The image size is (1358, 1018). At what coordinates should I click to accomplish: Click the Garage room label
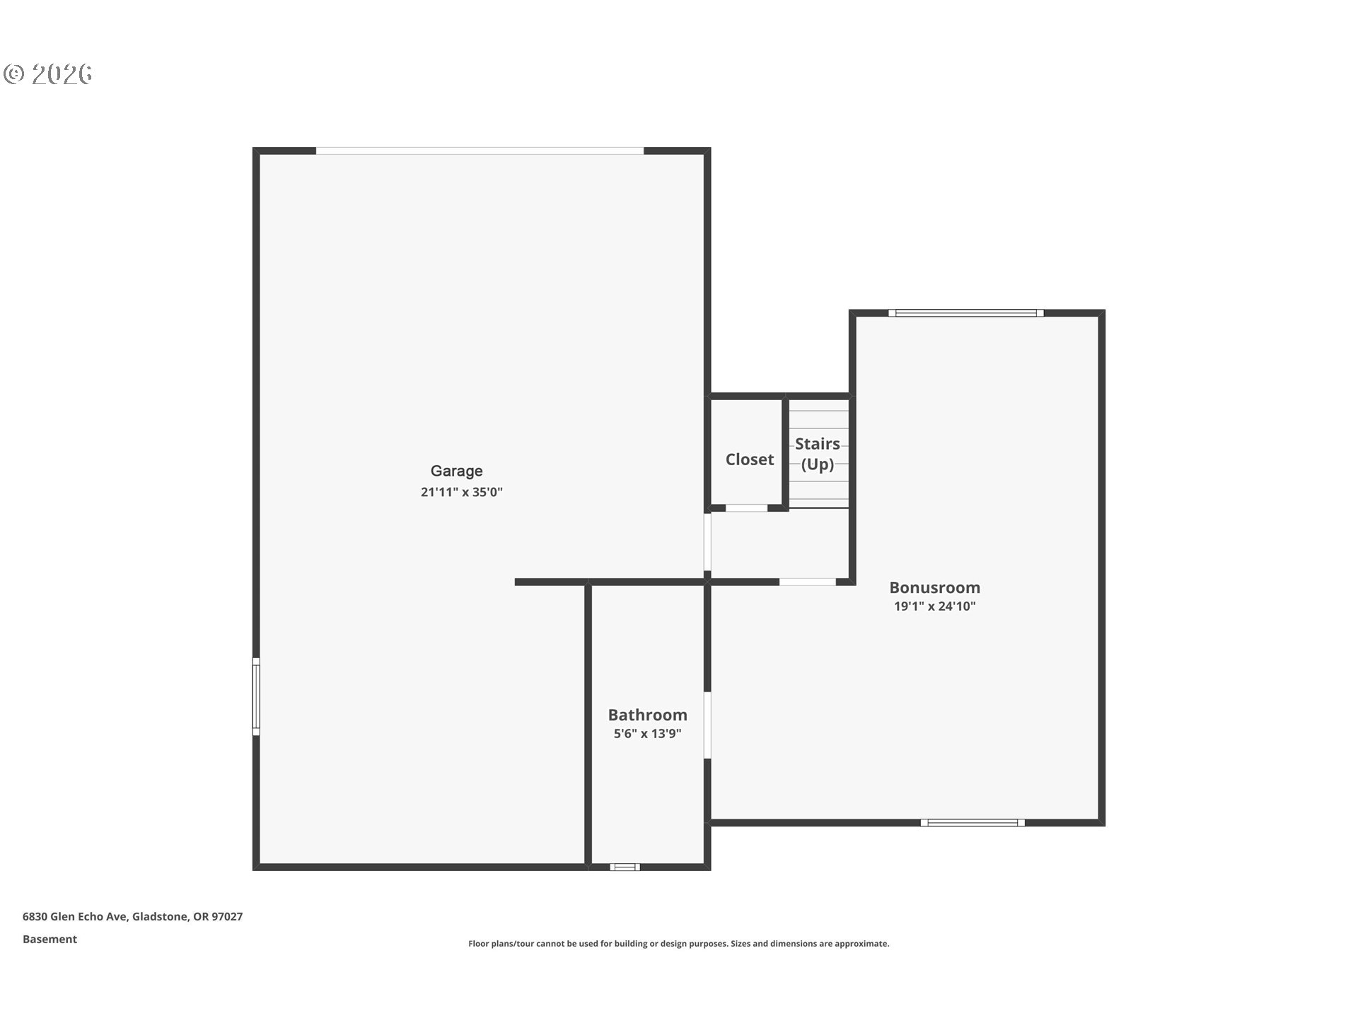456,471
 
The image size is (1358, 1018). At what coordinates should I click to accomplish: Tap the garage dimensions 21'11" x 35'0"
461,492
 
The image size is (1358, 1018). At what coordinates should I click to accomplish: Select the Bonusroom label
934,587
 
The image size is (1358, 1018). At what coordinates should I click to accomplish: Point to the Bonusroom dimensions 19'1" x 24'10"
934,606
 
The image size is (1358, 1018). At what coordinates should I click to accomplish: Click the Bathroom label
647,715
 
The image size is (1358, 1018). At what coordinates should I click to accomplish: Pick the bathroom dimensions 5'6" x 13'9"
647,734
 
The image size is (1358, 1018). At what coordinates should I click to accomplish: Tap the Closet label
749,460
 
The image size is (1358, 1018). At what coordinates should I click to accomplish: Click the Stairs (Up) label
817,454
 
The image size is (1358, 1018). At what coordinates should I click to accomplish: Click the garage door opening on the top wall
480,151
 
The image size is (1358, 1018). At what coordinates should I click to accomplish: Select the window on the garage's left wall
256,696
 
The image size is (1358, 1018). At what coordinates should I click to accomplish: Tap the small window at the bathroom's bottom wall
625,867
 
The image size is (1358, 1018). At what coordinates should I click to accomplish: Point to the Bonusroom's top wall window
965,313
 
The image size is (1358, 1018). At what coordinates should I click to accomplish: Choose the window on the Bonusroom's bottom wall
972,822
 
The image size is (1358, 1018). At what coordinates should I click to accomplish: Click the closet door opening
746,508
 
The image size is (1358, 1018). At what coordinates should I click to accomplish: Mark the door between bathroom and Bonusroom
707,725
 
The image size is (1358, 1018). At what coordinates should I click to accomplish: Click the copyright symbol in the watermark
14,74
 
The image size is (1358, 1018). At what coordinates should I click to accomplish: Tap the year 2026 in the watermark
62,74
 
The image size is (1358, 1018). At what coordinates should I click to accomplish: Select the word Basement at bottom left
50,939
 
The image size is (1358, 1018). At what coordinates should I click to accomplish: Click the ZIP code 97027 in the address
227,916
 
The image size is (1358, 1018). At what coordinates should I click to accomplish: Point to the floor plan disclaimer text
678,943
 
